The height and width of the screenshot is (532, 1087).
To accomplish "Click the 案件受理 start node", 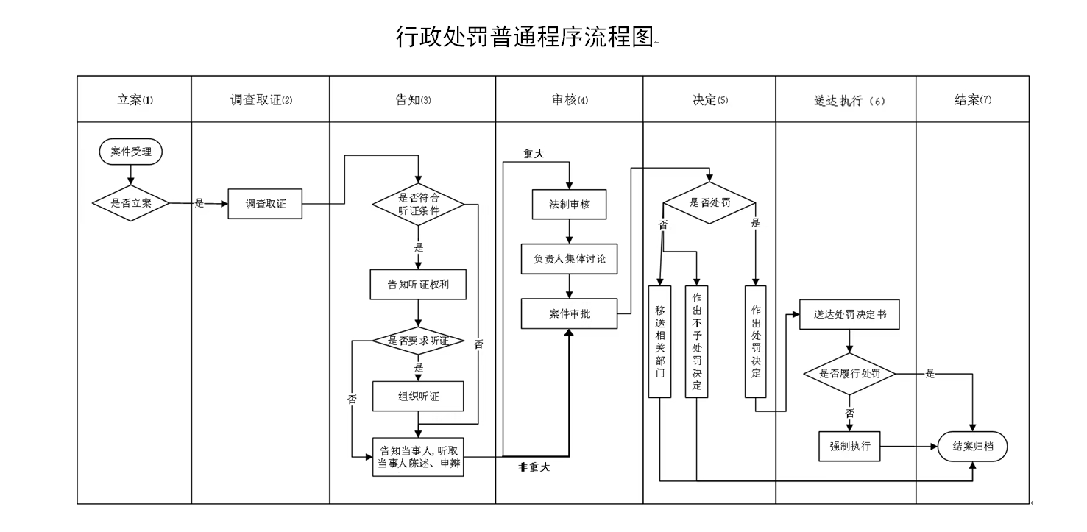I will [131, 152].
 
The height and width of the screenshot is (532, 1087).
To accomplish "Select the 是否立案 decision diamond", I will [131, 203].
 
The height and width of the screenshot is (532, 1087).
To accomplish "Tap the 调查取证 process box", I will [265, 204].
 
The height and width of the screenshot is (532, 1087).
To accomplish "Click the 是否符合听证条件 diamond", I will [418, 203].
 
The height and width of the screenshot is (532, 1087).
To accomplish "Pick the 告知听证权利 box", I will [418, 285].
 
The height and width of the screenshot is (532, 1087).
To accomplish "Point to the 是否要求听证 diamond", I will [418, 341].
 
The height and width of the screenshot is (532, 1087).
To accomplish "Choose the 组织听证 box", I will [418, 397].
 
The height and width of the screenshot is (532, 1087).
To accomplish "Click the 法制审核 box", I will [570, 205].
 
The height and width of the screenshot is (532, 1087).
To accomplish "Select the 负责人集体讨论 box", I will [570, 259].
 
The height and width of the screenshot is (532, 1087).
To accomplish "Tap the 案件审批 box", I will [570, 313].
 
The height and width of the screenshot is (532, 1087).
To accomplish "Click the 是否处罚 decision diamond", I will [709, 203].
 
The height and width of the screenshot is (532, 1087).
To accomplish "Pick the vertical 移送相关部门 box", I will [660, 341].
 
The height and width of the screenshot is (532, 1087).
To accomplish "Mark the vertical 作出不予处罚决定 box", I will [696, 341].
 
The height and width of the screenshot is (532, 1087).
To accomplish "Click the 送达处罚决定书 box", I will [850, 313].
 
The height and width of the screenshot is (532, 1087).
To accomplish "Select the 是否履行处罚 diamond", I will [850, 374].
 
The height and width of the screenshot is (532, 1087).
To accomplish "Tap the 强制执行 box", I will [850, 446].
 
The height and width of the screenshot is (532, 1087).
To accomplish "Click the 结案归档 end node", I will [972, 446].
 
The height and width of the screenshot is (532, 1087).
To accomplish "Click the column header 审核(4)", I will [569, 100].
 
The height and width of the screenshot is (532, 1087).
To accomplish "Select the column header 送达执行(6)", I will [845, 101].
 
